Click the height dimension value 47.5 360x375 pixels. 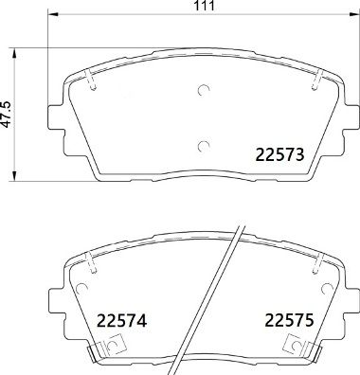(9, 114)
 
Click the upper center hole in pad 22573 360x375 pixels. (203, 92)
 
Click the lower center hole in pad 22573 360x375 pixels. (203, 144)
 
